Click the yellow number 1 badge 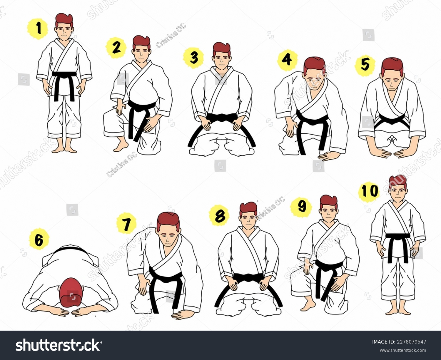click(38, 29)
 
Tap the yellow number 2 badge click(116, 48)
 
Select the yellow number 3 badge click(193, 58)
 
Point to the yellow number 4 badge click(287, 60)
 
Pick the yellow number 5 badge click(365, 65)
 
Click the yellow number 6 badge click(39, 239)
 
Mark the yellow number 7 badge click(126, 224)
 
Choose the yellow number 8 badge click(219, 216)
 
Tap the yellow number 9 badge click(301, 207)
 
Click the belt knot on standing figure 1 click(64, 75)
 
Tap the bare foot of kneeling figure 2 click(121, 146)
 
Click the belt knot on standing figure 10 click(398, 236)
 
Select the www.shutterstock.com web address click(403, 350)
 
